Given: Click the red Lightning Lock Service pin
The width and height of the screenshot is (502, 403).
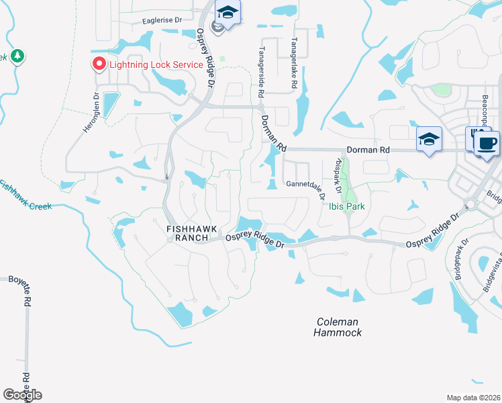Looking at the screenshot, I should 99,64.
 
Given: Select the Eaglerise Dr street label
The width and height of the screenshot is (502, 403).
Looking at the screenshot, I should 162,21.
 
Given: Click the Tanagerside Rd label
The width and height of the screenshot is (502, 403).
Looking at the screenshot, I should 263,66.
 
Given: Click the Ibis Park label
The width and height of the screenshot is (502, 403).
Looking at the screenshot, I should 346,206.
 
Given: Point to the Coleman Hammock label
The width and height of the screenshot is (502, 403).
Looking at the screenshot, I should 339,327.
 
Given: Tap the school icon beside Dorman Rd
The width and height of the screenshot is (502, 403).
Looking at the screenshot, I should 429,138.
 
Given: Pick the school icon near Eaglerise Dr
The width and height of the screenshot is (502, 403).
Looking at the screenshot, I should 228,12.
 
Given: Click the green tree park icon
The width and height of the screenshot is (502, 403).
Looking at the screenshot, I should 17,56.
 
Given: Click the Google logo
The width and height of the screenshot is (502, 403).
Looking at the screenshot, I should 22,394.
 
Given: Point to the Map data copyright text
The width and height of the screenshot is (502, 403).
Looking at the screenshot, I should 472,398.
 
